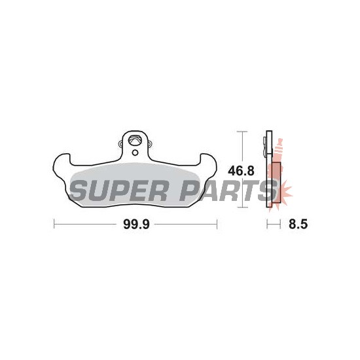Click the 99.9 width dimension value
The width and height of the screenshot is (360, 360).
(x=136, y=224)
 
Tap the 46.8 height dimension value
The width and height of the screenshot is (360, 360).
(x=241, y=171)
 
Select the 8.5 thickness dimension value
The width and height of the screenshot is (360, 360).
(x=298, y=224)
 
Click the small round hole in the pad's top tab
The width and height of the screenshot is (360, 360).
(x=135, y=153)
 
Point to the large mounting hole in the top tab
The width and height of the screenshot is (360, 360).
(x=135, y=140)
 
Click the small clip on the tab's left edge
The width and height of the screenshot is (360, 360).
(x=120, y=144)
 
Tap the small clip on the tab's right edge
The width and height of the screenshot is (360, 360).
(x=150, y=144)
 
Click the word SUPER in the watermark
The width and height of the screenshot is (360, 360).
(x=118, y=190)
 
